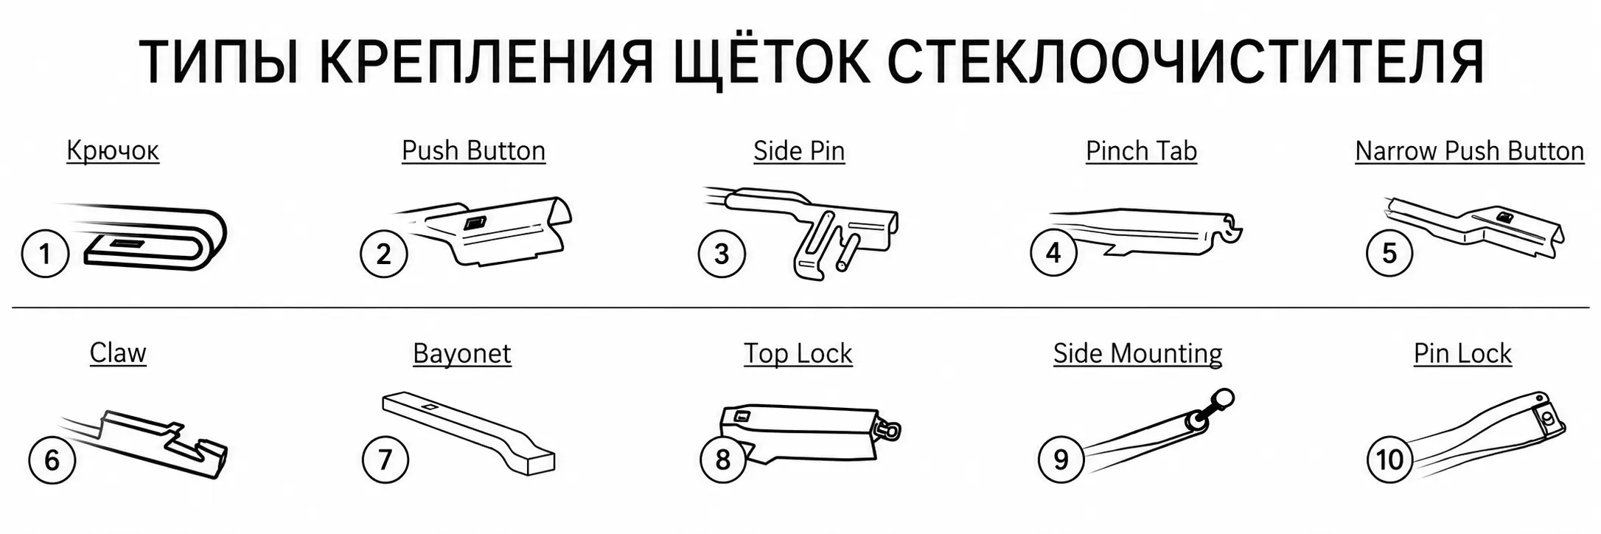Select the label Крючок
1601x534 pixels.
pos(113,150)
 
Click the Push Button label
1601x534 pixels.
pos(473,150)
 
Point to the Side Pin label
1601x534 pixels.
pos(799,150)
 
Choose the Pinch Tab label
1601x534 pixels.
pos(1141,150)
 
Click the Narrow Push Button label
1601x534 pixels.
pos(1469,150)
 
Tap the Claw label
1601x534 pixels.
pos(118,353)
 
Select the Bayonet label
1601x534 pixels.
pos(461,353)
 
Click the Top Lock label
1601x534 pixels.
pos(798,353)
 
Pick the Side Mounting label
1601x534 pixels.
pos(1137,353)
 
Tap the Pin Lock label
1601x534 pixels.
pos(1462,353)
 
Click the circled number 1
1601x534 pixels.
pos(45,254)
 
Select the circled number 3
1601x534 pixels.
pos(722,254)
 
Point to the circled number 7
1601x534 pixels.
pos(385,460)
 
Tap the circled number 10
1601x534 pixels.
pos(1390,460)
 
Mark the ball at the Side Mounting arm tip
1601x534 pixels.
pos(1224,399)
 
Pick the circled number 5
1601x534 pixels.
pos(1389,253)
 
